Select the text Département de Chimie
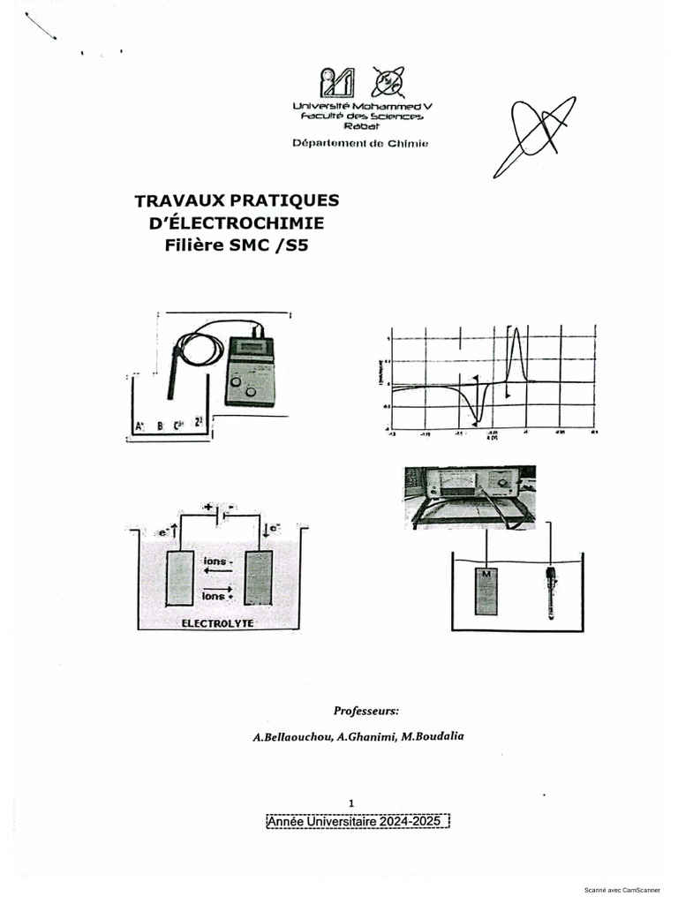point(359,143)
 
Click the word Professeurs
point(366,710)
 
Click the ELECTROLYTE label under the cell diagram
point(217,622)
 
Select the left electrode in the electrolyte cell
point(180,578)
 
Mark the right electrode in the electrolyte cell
point(258,578)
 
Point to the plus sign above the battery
point(208,508)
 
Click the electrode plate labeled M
point(486,591)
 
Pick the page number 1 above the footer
point(351,802)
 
